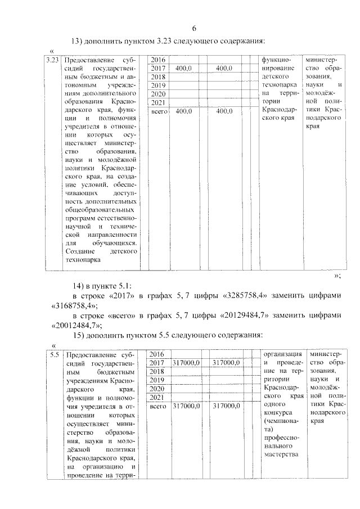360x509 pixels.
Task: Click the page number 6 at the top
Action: pos(195,28)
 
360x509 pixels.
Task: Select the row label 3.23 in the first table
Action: pos(53,60)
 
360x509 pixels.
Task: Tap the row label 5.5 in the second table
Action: pos(53,355)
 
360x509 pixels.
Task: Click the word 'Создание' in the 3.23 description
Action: pos(80,251)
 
